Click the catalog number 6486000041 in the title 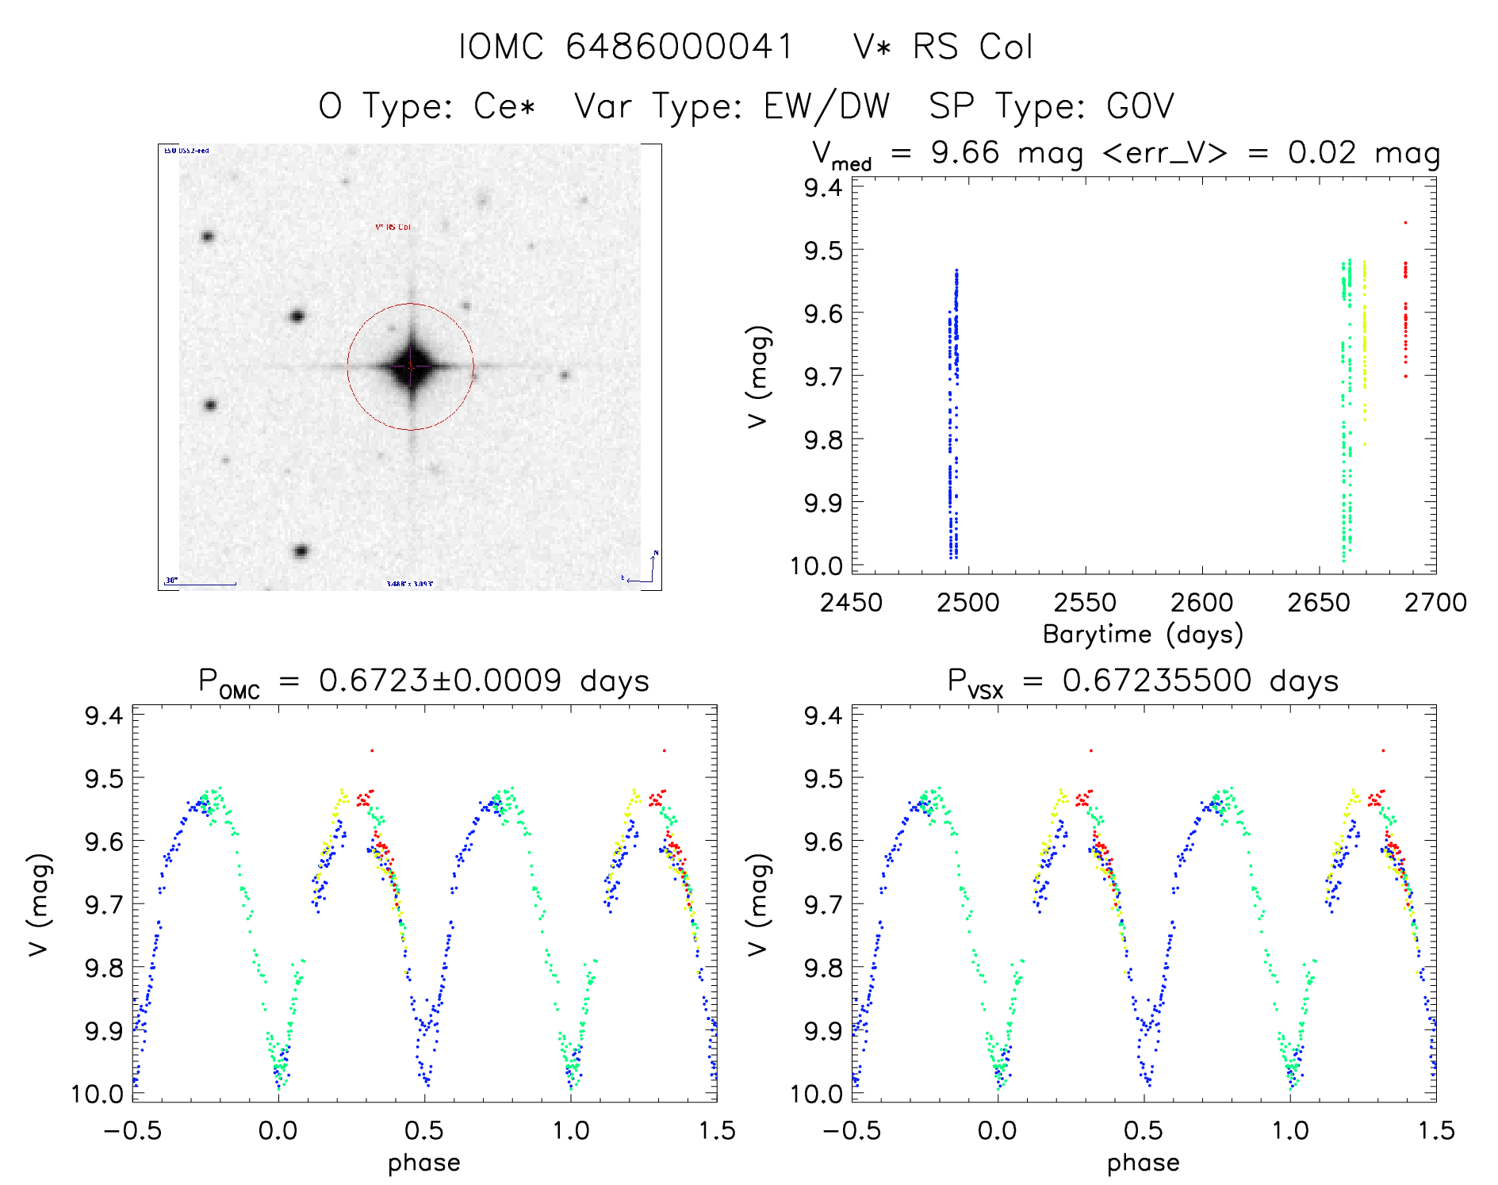pos(679,47)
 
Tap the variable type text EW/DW pos(826,106)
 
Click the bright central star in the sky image pos(411,366)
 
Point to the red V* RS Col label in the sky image pos(393,228)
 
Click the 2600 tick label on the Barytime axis pos(1201,603)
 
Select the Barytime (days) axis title pos(1143,635)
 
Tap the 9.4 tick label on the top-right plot pos(823,188)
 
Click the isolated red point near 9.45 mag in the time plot pos(1405,223)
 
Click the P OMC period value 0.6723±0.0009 pos(440,681)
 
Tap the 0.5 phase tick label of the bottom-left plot pos(424,1130)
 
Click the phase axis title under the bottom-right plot pos(1143,1163)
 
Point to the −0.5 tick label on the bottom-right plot pos(851,1130)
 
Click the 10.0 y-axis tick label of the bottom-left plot pos(97,1094)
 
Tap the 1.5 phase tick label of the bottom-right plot pos(1435,1130)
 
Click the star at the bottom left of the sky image pos(301,551)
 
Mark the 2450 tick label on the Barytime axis pos(851,603)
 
